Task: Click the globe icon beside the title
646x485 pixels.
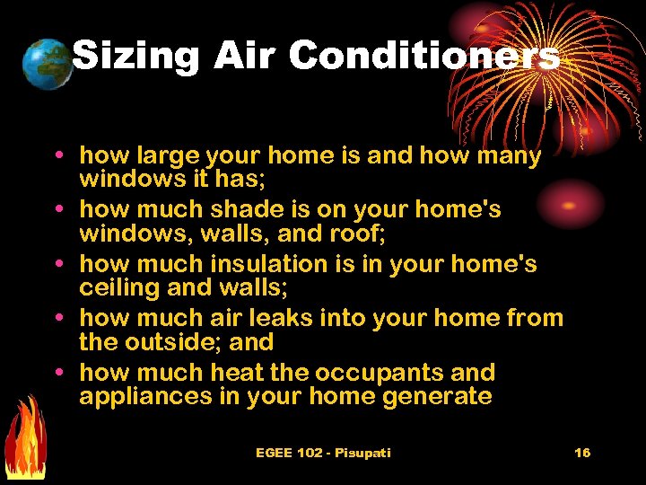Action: coord(48,64)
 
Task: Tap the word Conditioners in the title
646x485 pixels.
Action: coord(423,56)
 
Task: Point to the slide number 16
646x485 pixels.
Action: coord(582,453)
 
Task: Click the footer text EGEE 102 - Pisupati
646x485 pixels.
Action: coord(323,453)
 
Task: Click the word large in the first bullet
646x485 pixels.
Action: coord(166,156)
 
